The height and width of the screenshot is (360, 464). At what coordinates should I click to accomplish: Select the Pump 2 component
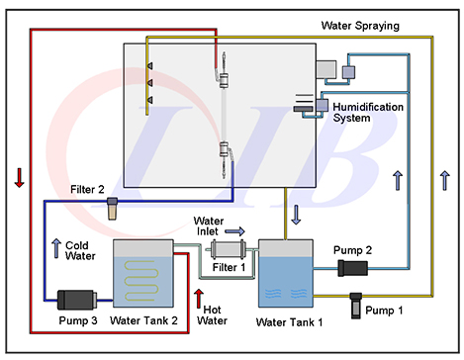(352, 268)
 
